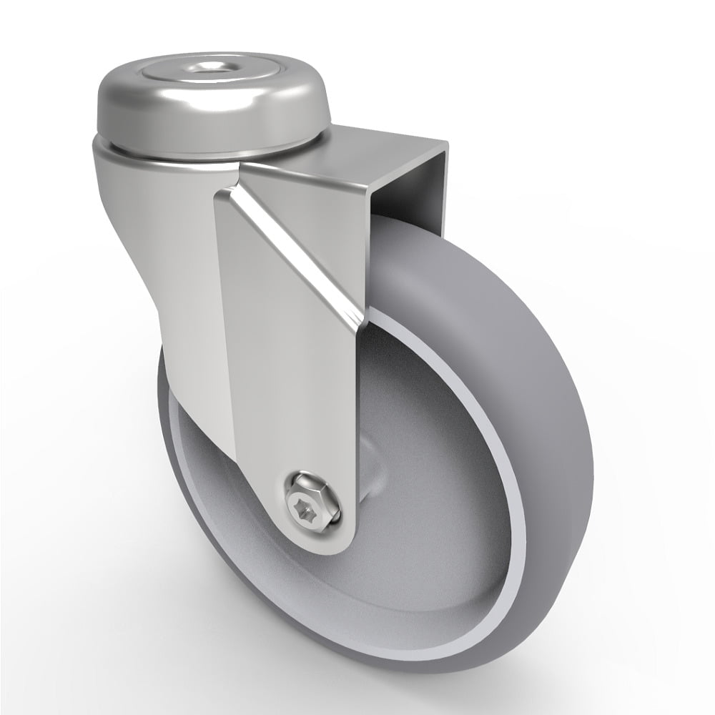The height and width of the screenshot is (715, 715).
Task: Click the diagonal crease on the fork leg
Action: [x=300, y=236]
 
